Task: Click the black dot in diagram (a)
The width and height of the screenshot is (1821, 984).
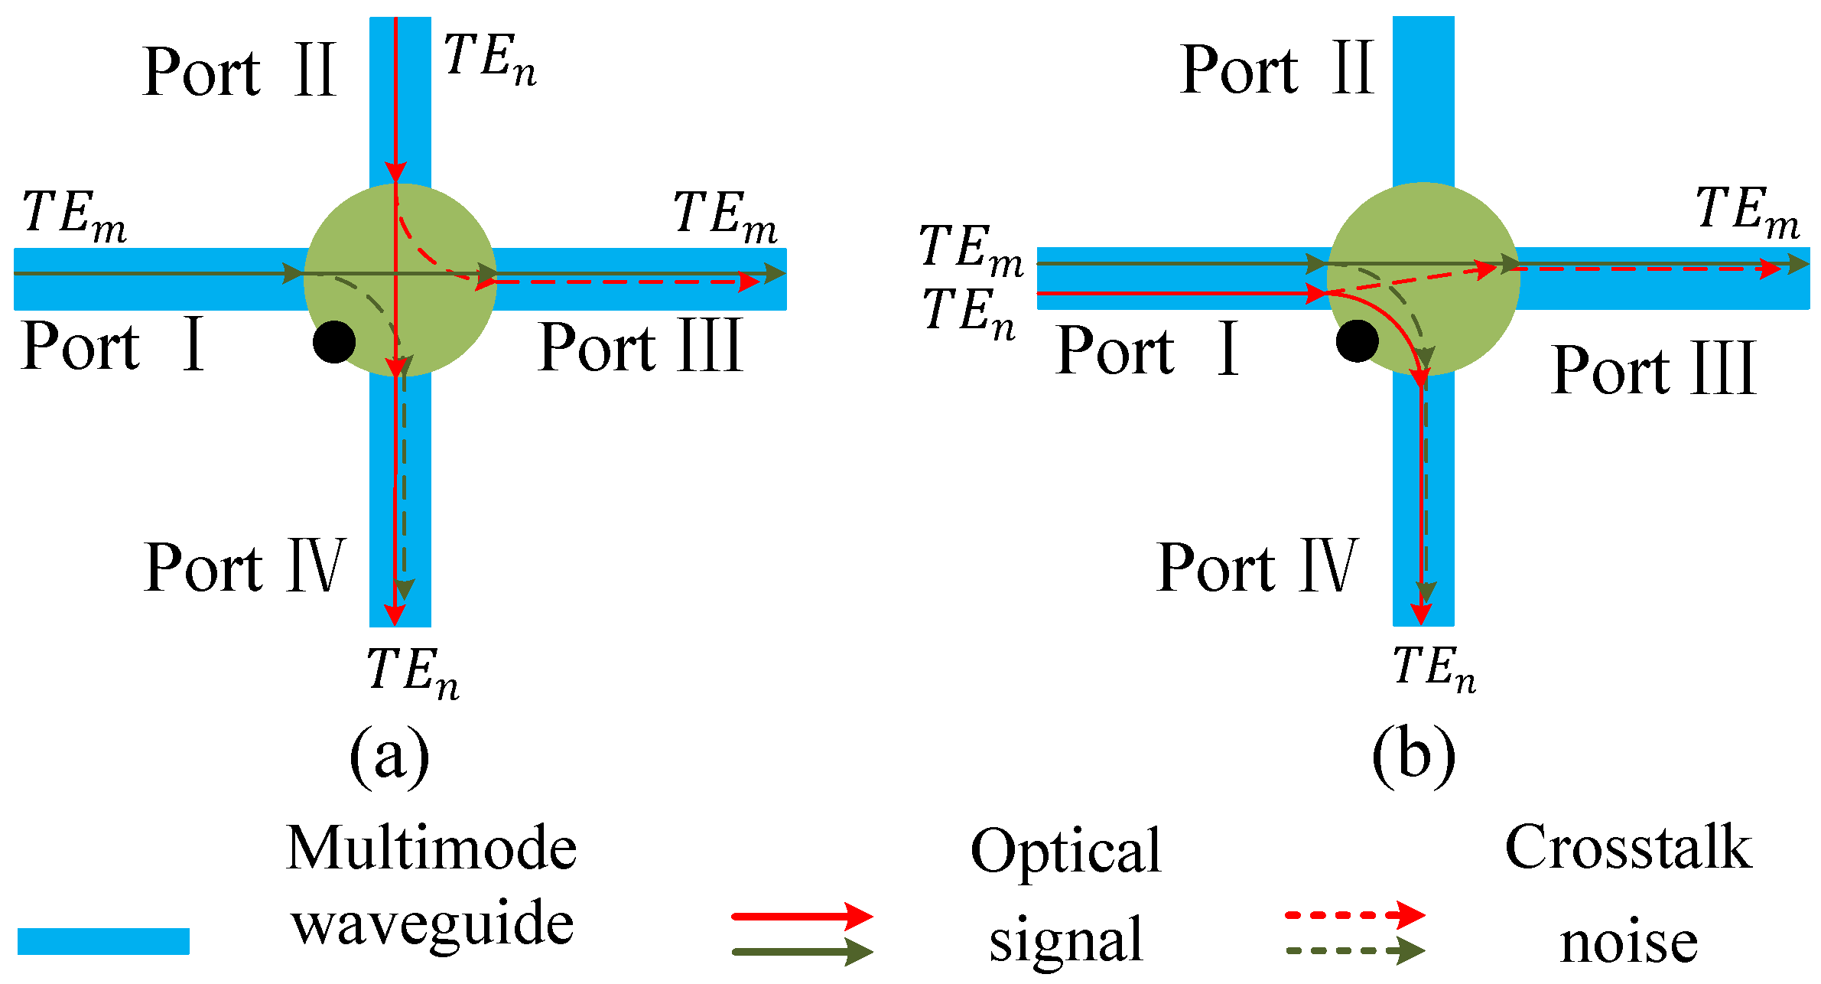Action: tap(334, 342)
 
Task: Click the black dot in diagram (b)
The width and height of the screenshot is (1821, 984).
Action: tap(1357, 340)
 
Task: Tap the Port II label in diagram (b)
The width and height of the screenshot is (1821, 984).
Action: tap(1276, 70)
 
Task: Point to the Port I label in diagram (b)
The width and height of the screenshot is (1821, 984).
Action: tap(1146, 350)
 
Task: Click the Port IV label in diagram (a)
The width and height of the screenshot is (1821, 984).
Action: tap(245, 567)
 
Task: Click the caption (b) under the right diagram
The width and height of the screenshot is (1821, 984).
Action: tap(1413, 756)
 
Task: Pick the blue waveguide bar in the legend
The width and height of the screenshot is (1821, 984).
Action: tap(103, 941)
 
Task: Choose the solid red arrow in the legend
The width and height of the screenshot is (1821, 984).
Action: tap(801, 916)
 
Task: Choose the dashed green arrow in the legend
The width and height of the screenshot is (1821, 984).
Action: tap(1354, 951)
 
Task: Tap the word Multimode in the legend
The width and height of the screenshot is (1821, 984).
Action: tap(431, 849)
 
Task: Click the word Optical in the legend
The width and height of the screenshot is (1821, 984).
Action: tap(1065, 851)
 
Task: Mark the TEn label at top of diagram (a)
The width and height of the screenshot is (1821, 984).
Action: tap(489, 60)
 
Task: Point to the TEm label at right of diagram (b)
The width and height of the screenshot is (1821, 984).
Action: tap(1747, 212)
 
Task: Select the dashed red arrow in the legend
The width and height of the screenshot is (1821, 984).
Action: tap(1354, 914)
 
